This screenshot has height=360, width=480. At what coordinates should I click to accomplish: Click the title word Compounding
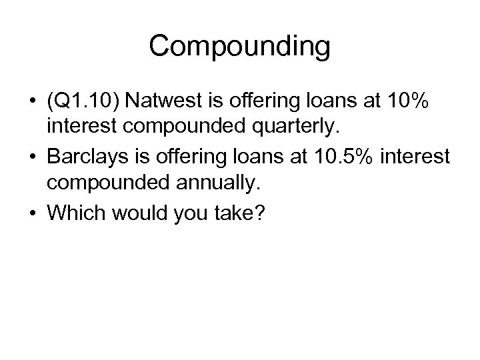(239, 47)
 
